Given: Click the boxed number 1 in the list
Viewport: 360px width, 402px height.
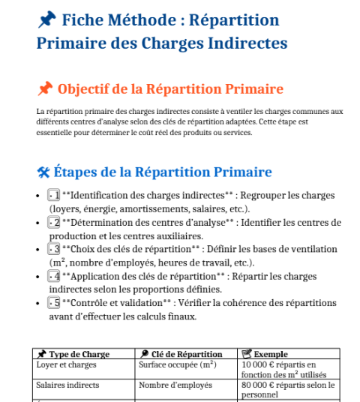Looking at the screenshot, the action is click(x=53, y=196).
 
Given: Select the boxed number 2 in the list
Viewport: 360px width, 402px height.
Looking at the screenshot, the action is click(x=53, y=223).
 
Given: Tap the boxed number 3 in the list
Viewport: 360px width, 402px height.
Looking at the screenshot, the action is click(x=53, y=250).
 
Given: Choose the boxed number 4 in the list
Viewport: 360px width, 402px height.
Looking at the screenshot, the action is click(x=53, y=277).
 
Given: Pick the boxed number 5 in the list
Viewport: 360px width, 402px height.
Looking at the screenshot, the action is click(x=53, y=303).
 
